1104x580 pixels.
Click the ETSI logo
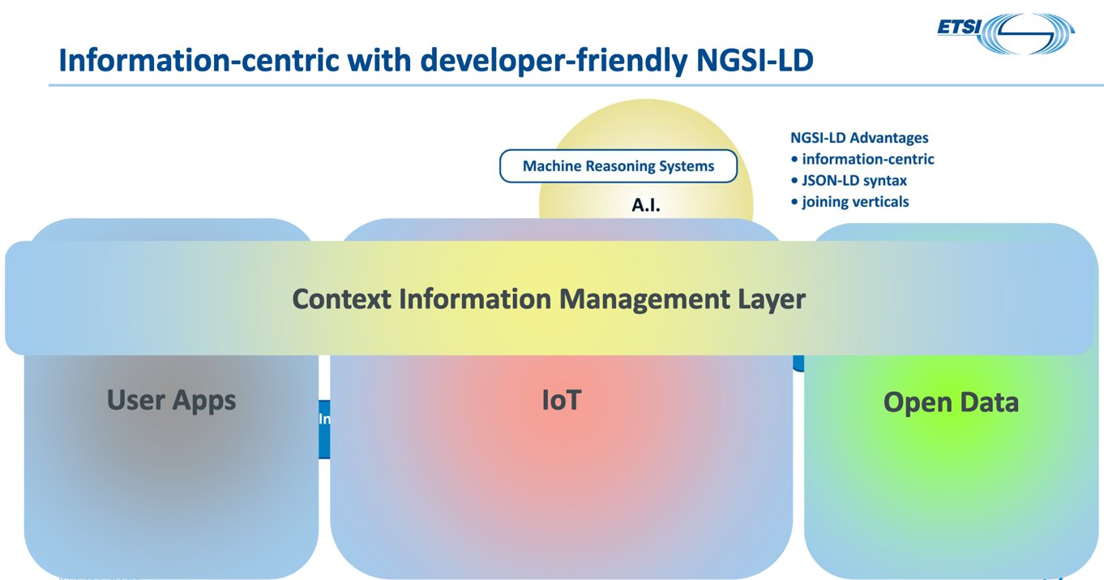(1006, 33)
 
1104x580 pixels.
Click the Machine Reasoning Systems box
(618, 166)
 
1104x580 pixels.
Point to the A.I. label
(646, 206)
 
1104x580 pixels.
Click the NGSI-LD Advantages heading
(859, 138)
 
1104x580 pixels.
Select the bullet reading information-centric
(867, 159)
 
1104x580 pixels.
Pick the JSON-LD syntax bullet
(854, 180)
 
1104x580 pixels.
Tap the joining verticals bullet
(854, 201)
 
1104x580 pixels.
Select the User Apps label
(171, 400)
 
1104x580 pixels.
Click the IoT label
(562, 400)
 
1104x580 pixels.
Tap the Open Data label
(951, 402)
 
